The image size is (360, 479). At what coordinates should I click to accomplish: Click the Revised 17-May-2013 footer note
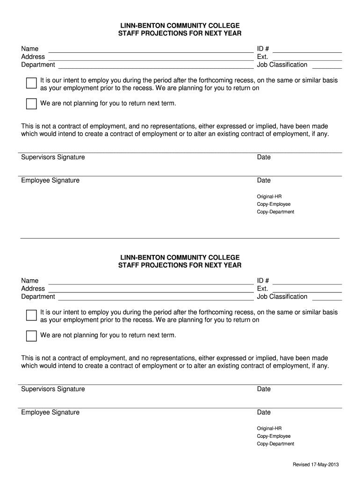click(316, 464)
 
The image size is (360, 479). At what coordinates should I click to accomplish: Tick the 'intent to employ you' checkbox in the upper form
click(31, 83)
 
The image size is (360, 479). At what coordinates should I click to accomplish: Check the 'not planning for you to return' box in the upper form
click(31, 104)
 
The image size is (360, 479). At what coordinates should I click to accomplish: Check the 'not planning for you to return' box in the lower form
click(31, 336)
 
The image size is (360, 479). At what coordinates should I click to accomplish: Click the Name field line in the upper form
click(150, 51)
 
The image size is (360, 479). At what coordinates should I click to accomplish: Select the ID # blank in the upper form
click(307, 51)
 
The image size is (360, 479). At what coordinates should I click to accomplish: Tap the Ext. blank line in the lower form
click(307, 291)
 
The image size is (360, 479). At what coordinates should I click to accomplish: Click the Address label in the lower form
click(33, 289)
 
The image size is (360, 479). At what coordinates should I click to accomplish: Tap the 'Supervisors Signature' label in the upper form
click(53, 157)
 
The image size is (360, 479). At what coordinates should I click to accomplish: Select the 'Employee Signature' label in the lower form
click(50, 413)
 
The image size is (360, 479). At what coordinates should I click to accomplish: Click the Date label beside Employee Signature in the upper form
click(264, 181)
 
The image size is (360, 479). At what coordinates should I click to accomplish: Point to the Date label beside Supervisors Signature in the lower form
click(264, 389)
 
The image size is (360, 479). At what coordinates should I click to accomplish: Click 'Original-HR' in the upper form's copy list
click(269, 196)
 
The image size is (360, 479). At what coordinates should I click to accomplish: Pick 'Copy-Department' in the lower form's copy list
click(275, 444)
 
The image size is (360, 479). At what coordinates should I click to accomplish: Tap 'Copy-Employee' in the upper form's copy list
click(274, 204)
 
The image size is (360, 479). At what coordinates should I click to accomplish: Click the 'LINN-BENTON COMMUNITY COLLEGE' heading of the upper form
click(180, 25)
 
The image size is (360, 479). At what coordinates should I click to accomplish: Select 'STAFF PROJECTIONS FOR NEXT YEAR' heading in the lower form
click(180, 265)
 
